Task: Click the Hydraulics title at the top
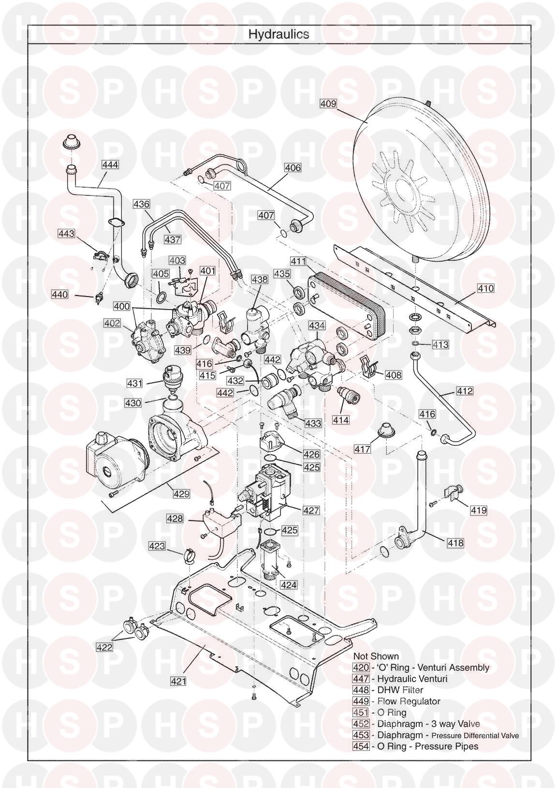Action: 278,34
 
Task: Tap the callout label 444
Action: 110,164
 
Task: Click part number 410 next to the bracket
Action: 485,288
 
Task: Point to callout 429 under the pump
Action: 182,494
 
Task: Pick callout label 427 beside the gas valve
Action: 311,510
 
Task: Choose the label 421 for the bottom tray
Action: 178,681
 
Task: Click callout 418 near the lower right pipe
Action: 455,543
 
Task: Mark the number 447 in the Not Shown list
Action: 361,679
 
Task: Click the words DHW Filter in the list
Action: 400,690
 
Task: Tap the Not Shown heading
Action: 376,656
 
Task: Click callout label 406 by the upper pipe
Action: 293,168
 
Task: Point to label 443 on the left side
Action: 67,234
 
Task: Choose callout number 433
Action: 313,423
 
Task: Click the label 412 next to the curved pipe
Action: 465,391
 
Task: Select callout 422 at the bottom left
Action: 103,647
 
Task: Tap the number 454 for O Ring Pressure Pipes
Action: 361,746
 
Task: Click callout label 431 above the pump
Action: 135,384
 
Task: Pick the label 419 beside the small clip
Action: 479,510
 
